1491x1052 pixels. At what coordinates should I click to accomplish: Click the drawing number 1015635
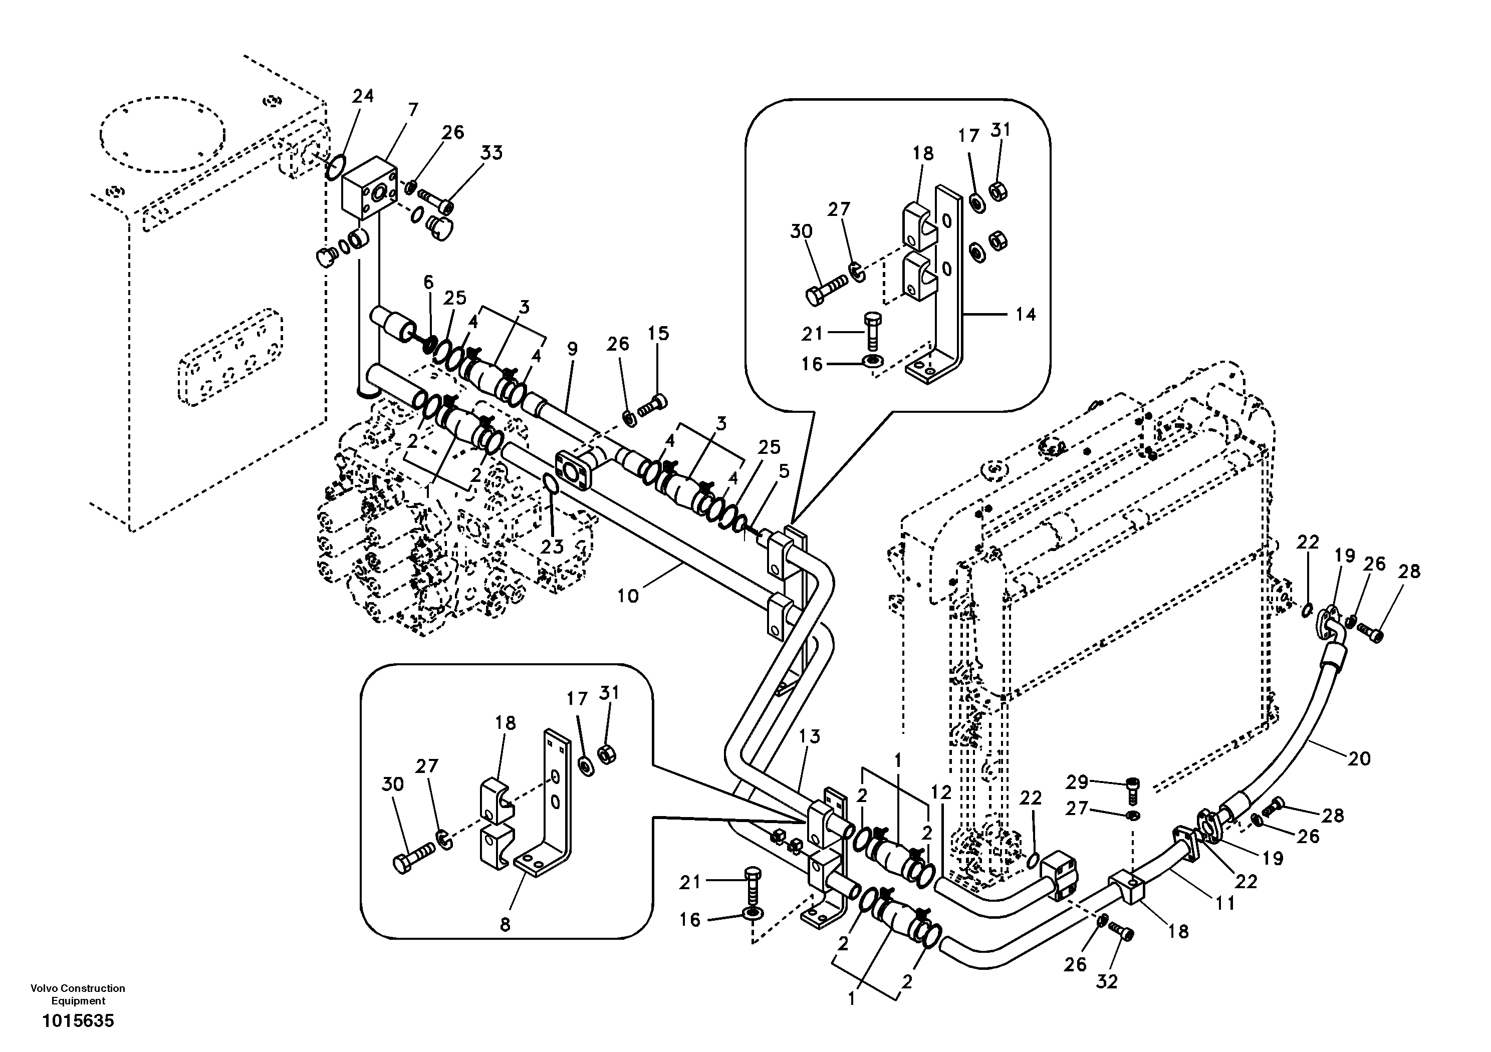78,1021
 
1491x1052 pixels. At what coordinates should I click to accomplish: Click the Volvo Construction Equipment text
78,994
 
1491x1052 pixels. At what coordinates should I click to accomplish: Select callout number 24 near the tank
363,96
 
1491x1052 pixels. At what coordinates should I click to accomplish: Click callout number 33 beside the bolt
491,153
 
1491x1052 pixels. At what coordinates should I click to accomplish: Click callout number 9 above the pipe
572,349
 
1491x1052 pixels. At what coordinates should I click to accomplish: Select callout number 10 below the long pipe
627,596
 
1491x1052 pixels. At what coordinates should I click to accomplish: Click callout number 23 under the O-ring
552,547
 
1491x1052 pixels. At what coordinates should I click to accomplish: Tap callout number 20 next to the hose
1359,758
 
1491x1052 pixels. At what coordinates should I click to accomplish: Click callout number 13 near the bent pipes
810,736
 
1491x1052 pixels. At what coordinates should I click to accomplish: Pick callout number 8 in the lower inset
505,925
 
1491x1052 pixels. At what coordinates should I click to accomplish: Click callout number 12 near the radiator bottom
940,792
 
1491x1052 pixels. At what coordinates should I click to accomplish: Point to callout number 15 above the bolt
658,333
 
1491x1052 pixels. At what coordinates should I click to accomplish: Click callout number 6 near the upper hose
428,282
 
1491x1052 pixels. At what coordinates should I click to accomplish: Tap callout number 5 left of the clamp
784,471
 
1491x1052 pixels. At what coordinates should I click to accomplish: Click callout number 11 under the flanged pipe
1225,903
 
